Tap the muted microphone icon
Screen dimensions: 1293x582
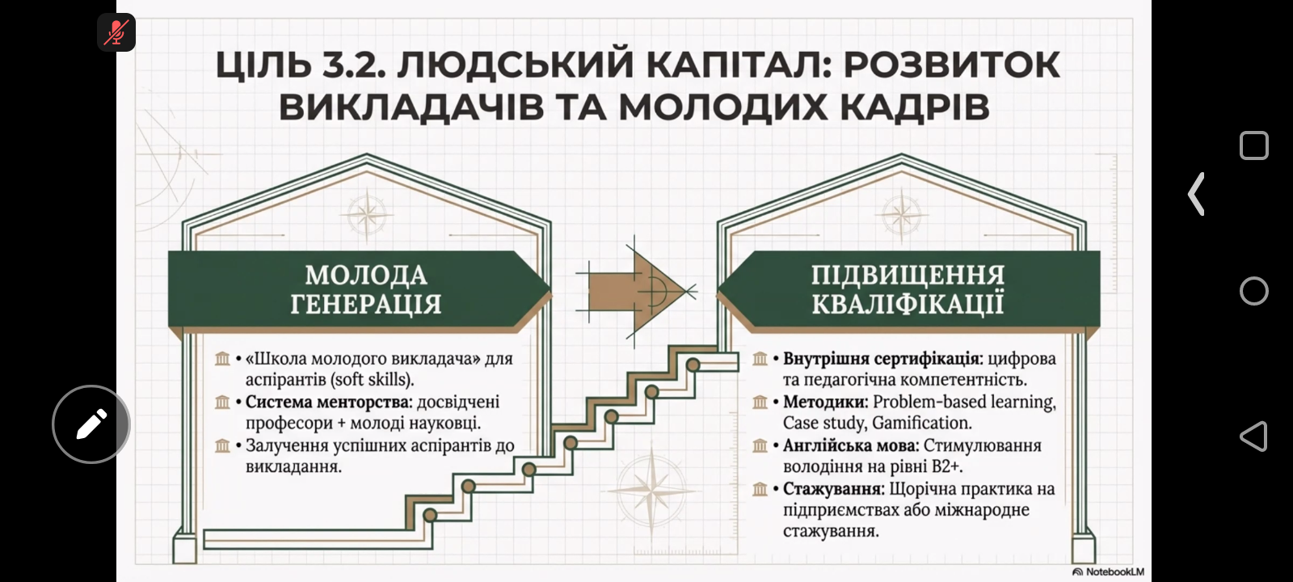pyautogui.click(x=116, y=32)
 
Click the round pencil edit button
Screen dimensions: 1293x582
pyautogui.click(x=91, y=424)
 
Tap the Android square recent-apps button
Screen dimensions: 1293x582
pyautogui.click(x=1253, y=145)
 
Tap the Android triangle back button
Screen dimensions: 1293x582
pyautogui.click(x=1253, y=436)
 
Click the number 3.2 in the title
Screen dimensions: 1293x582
pyautogui.click(x=353, y=65)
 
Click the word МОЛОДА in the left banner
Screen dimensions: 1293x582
pyautogui.click(x=366, y=275)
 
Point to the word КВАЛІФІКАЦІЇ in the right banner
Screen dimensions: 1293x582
pyautogui.click(x=908, y=303)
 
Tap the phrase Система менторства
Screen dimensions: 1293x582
pyautogui.click(x=328, y=401)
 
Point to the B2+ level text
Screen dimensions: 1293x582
pyautogui.click(x=947, y=466)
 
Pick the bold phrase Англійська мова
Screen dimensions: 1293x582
pyautogui.click(x=850, y=445)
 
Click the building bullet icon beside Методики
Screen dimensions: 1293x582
pyautogui.click(x=760, y=402)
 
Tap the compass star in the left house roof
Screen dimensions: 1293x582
pyautogui.click(x=367, y=216)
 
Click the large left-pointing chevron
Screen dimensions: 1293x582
pyautogui.click(x=1196, y=194)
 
